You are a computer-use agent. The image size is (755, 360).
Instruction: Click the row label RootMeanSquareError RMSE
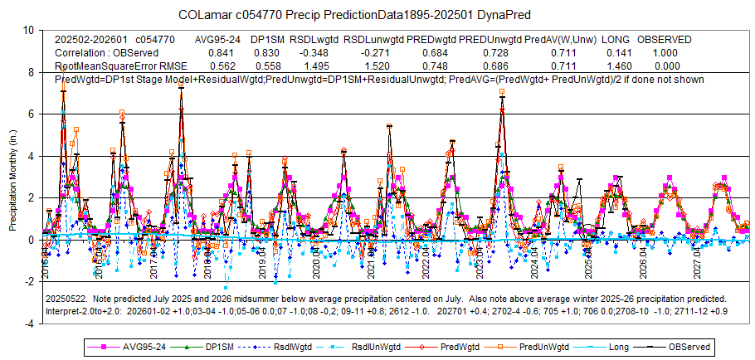[x=120, y=66]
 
